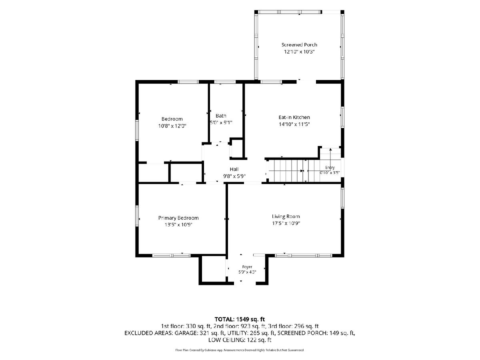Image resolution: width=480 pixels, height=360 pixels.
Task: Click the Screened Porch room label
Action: click(299, 45)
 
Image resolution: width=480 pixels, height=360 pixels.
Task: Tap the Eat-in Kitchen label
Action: click(294, 117)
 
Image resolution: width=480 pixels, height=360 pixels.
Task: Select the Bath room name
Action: click(221, 116)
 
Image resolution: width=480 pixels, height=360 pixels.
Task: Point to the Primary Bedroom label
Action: click(178, 218)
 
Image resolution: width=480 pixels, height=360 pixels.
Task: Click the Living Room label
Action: click(286, 216)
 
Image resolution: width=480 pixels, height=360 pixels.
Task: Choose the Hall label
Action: click(234, 169)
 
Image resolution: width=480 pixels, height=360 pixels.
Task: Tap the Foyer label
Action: click(247, 267)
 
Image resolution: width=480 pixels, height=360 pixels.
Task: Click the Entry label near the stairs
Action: click(330, 168)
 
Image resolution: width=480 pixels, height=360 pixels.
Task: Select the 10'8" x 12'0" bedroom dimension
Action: click(172, 126)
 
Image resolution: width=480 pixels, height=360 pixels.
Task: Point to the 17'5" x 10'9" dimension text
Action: click(286, 223)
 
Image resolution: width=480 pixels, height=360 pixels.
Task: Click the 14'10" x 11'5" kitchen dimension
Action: click(294, 124)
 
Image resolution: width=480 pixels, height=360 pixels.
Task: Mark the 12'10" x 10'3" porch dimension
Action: click(299, 52)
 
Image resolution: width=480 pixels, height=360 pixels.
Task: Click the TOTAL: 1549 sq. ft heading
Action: click(240, 319)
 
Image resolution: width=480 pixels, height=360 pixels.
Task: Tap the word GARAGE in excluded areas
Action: click(186, 333)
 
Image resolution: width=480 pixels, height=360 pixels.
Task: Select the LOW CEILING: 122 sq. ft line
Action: click(240, 340)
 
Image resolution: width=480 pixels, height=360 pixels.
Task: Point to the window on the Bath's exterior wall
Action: click(225, 82)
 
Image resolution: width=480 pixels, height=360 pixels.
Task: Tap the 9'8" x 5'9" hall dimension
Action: click(234, 176)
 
